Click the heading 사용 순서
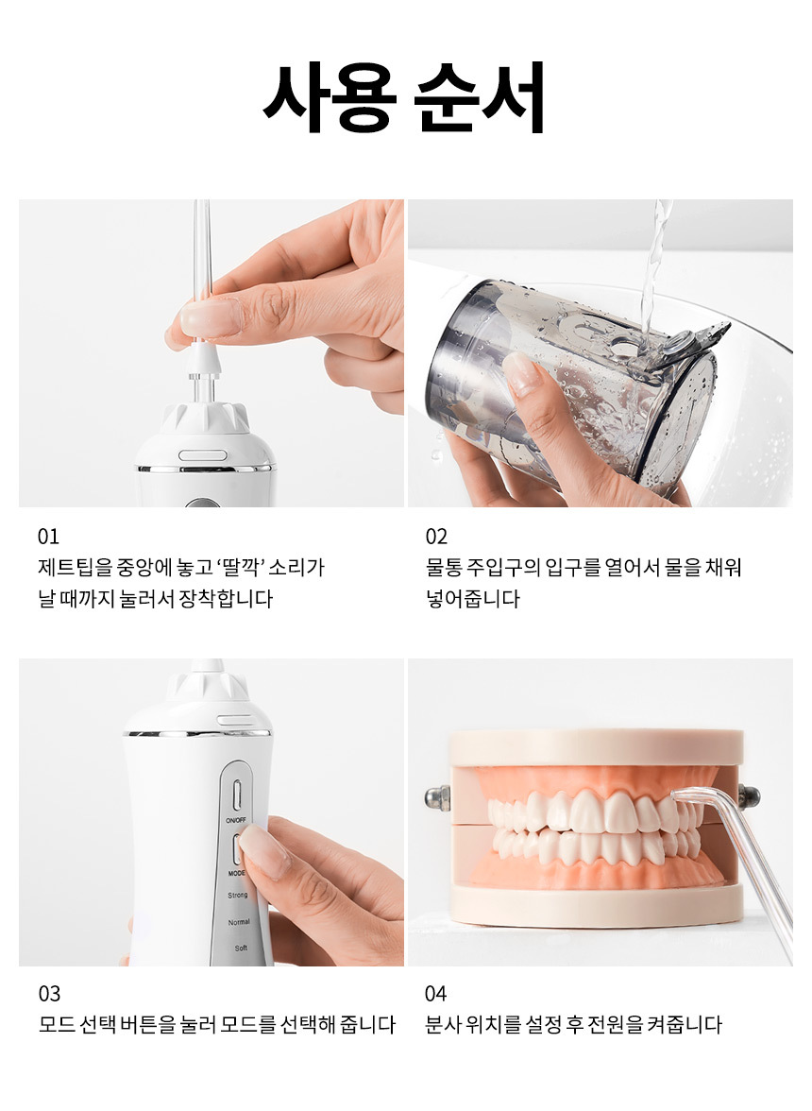point(404,97)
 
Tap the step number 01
point(48,537)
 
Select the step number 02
point(436,537)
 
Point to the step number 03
point(49,994)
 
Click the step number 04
point(436,994)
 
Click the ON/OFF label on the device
point(236,820)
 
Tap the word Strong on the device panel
point(238,896)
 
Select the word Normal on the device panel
point(239,922)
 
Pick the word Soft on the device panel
point(241,949)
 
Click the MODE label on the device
point(237,874)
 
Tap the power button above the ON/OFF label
point(237,794)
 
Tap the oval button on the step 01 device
point(202,455)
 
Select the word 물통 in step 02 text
point(444,568)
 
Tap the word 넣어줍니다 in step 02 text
point(473,599)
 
